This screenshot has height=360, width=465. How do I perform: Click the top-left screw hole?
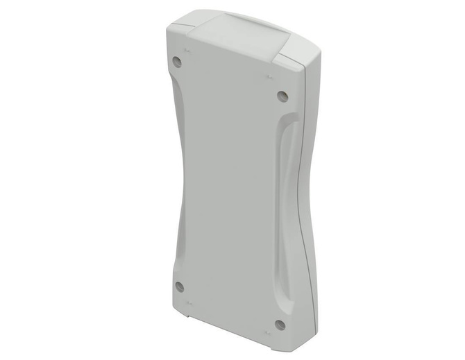(x=176, y=61)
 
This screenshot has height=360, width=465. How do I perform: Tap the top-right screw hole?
(x=281, y=95)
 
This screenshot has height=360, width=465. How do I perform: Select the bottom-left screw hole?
(x=179, y=286)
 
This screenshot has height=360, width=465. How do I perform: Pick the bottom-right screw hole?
(x=280, y=324)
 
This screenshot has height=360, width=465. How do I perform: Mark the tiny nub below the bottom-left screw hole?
(x=188, y=303)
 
